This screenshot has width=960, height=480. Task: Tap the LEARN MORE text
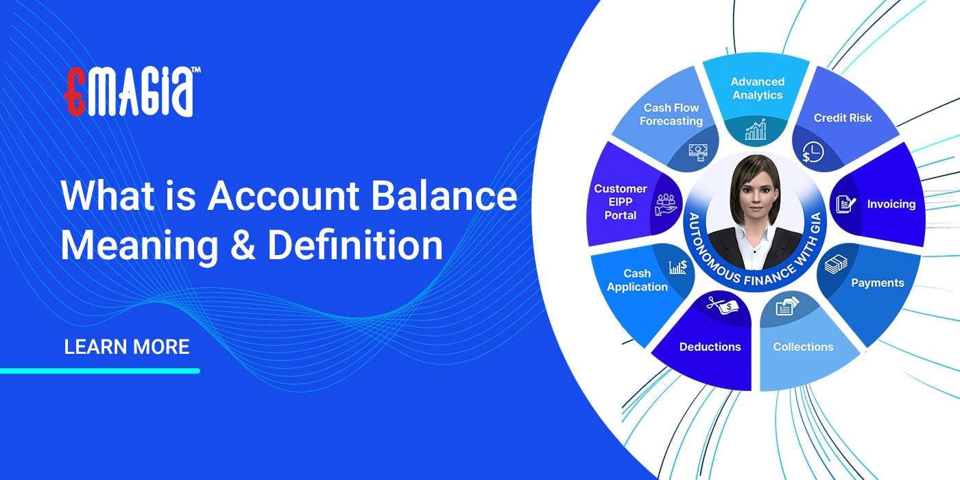pos(127,346)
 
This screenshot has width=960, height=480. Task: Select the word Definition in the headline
pos(355,245)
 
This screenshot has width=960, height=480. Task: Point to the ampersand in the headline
pos(240,245)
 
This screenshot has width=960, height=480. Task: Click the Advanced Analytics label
pos(757,88)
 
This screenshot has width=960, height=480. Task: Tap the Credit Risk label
pos(843,118)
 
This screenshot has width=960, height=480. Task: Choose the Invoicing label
pos(891,204)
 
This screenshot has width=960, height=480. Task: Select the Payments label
pos(878,283)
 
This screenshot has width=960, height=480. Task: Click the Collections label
pos(803,347)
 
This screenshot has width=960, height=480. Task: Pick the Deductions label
pos(710,347)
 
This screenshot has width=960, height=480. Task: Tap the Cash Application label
pos(637,280)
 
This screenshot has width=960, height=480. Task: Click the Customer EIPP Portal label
pos(621,202)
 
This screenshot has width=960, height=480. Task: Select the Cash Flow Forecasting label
pos(671,115)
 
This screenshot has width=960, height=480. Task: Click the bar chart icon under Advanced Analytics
pos(756,130)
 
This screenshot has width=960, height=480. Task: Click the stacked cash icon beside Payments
pos(836,264)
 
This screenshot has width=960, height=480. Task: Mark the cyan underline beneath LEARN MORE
pos(100,371)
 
